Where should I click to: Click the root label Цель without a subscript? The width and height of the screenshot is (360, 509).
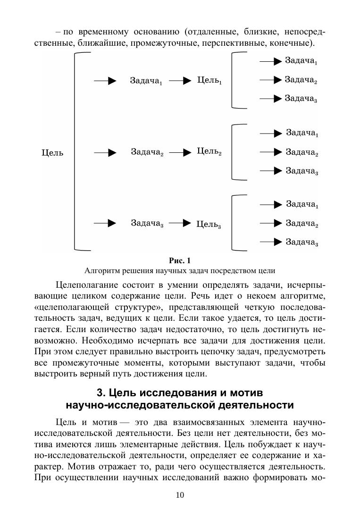click(52, 153)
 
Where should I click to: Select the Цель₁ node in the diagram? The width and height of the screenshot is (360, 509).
click(209, 81)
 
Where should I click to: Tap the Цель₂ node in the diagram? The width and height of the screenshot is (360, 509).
click(209, 152)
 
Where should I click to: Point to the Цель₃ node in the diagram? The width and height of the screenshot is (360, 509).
click(209, 224)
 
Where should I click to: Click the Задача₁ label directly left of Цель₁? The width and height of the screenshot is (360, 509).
click(146, 81)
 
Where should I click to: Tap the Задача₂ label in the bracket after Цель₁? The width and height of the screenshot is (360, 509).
click(301, 80)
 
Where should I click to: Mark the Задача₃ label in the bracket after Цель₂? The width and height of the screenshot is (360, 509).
click(302, 171)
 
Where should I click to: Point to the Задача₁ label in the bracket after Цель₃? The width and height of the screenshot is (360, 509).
click(302, 204)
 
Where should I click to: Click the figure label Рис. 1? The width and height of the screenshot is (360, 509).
click(179, 260)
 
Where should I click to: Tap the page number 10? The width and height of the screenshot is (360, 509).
click(180, 495)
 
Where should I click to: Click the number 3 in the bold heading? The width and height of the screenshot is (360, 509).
click(100, 392)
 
